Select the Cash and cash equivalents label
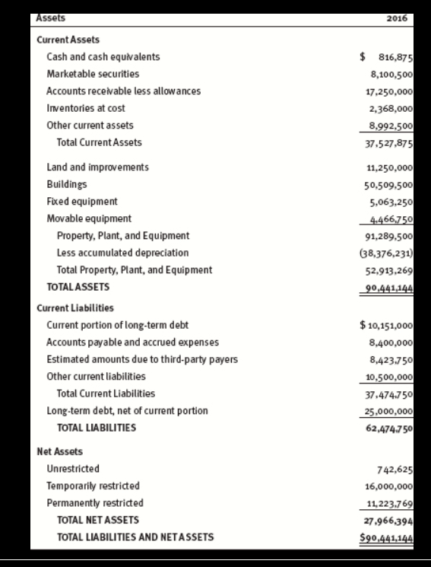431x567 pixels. (x=103, y=57)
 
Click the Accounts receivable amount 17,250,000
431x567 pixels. (x=388, y=91)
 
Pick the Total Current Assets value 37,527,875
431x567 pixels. (x=388, y=142)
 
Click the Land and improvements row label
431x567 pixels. (x=97, y=167)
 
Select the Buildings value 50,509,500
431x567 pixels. (x=388, y=184)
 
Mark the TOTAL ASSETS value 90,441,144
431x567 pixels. (x=388, y=287)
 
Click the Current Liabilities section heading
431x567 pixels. (x=75, y=308)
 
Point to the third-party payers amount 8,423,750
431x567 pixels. (x=388, y=359)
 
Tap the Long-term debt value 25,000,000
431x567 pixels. (x=388, y=411)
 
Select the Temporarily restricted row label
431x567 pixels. (x=93, y=486)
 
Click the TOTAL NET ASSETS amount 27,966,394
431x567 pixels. (x=388, y=520)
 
